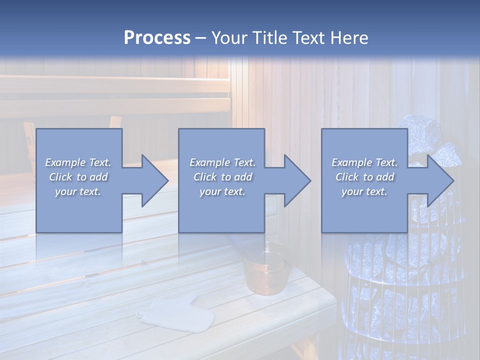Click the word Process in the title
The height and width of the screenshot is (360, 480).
[157, 37]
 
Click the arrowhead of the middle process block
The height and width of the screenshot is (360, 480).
[296, 180]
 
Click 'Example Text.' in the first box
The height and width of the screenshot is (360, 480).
[78, 162]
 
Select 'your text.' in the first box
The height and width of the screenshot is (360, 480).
[78, 191]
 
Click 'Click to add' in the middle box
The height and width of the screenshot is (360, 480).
[222, 177]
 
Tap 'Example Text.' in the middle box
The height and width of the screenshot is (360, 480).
[222, 162]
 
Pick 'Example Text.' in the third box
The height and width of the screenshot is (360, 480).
[364, 162]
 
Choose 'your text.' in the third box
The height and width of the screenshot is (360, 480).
[364, 191]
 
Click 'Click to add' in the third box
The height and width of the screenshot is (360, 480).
[364, 177]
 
